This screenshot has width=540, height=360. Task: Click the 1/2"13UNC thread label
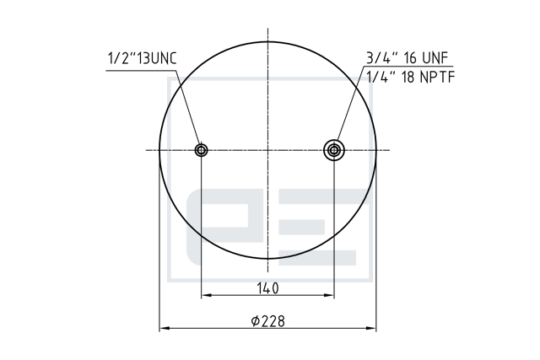click(x=143, y=58)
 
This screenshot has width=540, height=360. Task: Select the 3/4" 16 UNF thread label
click(x=407, y=58)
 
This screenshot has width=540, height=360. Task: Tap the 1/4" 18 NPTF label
click(x=411, y=77)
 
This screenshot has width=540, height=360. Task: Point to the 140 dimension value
click(x=267, y=288)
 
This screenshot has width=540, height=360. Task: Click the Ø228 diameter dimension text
click(x=268, y=321)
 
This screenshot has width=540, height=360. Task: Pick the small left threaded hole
click(x=201, y=150)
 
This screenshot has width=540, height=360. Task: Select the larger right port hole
click(x=334, y=150)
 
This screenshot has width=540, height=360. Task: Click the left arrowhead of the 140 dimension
click(x=206, y=295)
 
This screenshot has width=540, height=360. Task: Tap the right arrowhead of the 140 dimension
click(x=330, y=295)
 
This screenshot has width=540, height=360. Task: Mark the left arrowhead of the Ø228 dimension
click(x=164, y=328)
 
